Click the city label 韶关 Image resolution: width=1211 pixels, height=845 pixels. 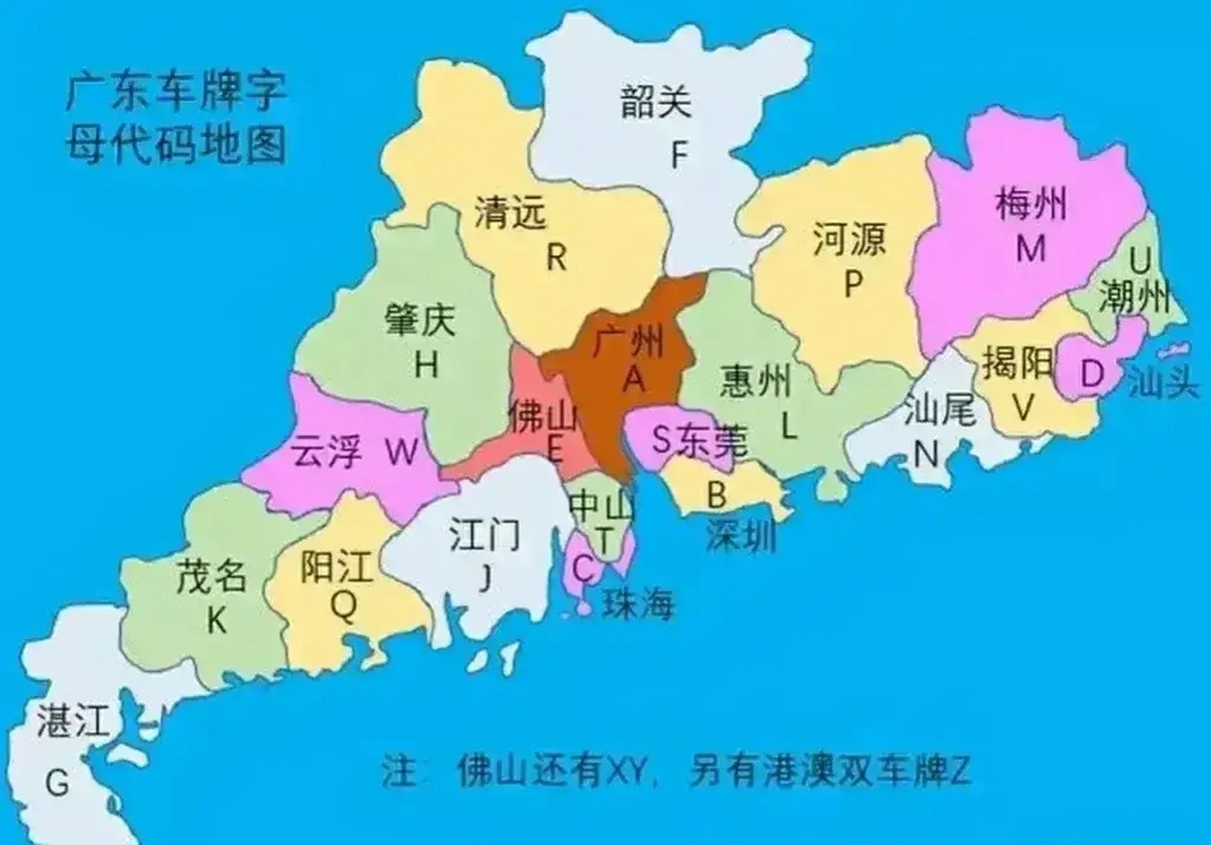click(656, 102)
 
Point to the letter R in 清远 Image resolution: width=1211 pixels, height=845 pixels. click(557, 257)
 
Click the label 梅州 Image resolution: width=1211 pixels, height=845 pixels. click(1031, 203)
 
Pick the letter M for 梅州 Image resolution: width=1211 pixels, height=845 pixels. click(1031, 248)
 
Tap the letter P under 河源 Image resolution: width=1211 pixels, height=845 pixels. click(853, 284)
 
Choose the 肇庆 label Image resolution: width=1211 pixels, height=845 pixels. click(420, 320)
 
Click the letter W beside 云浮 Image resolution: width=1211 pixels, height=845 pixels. click(401, 452)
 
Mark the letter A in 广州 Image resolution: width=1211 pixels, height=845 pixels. click(634, 379)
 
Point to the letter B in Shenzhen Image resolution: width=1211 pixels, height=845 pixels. click(716, 494)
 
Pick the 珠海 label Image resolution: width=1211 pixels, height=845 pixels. click(638, 603)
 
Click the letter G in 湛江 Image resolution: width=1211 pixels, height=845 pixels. click(57, 784)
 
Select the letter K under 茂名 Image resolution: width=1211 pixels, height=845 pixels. click(216, 620)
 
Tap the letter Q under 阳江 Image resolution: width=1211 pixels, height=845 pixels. click(343, 605)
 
